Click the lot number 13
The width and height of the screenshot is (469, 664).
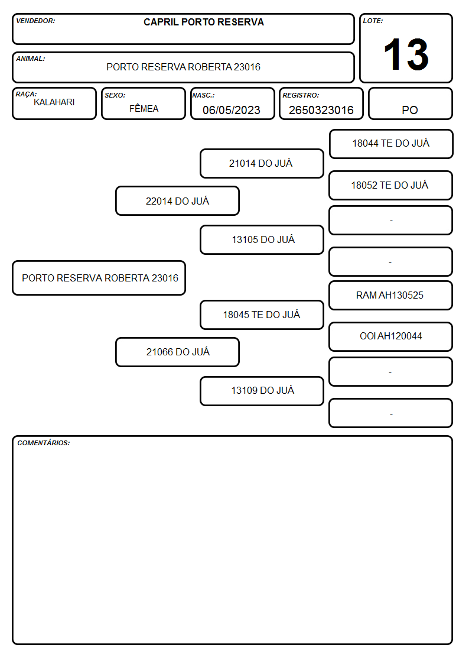(x=406, y=54)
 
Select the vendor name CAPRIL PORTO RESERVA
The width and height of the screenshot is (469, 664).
(x=203, y=22)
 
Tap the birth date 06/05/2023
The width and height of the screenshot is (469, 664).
(x=232, y=110)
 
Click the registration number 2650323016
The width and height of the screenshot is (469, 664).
(x=321, y=110)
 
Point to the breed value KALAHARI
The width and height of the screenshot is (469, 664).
(x=54, y=102)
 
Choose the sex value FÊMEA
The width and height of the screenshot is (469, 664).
(x=144, y=108)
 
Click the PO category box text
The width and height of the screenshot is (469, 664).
(x=410, y=110)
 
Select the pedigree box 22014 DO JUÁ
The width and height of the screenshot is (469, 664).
(x=177, y=201)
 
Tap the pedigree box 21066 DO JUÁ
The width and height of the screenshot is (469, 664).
(x=178, y=352)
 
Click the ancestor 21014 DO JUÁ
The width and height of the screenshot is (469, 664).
(x=262, y=163)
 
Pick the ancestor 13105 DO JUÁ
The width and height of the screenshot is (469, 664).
(x=262, y=239)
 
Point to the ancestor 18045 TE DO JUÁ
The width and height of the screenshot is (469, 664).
(x=262, y=315)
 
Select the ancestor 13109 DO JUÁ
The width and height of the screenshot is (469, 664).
(x=262, y=391)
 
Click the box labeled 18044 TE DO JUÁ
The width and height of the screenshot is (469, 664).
(x=391, y=144)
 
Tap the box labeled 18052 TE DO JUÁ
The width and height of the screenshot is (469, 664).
(x=390, y=185)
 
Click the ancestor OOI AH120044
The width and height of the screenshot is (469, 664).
(x=390, y=336)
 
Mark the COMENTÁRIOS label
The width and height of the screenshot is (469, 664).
(x=44, y=443)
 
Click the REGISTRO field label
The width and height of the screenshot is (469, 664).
(x=301, y=95)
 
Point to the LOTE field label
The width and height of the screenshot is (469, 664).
(x=373, y=21)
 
